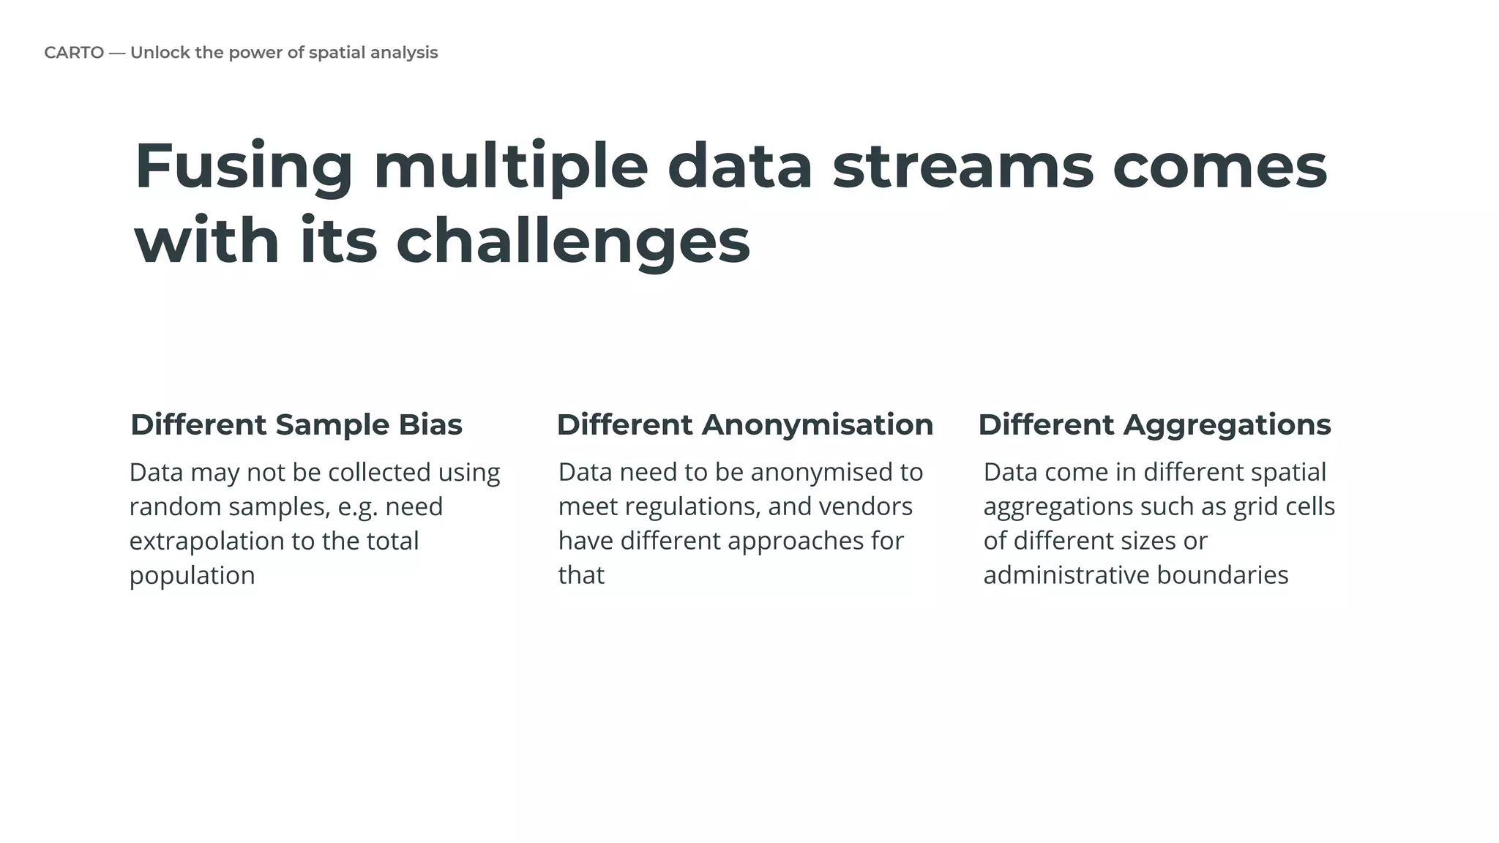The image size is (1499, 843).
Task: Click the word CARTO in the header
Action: pos(73,53)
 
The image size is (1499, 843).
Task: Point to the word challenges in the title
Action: pos(573,242)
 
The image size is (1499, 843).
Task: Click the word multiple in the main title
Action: pos(510,168)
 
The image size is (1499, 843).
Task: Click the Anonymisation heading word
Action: pos(817,425)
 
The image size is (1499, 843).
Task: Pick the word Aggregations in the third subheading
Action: pos(1227,425)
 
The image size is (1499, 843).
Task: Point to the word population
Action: pos(192,576)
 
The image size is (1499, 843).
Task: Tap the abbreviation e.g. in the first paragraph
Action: pos(358,507)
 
